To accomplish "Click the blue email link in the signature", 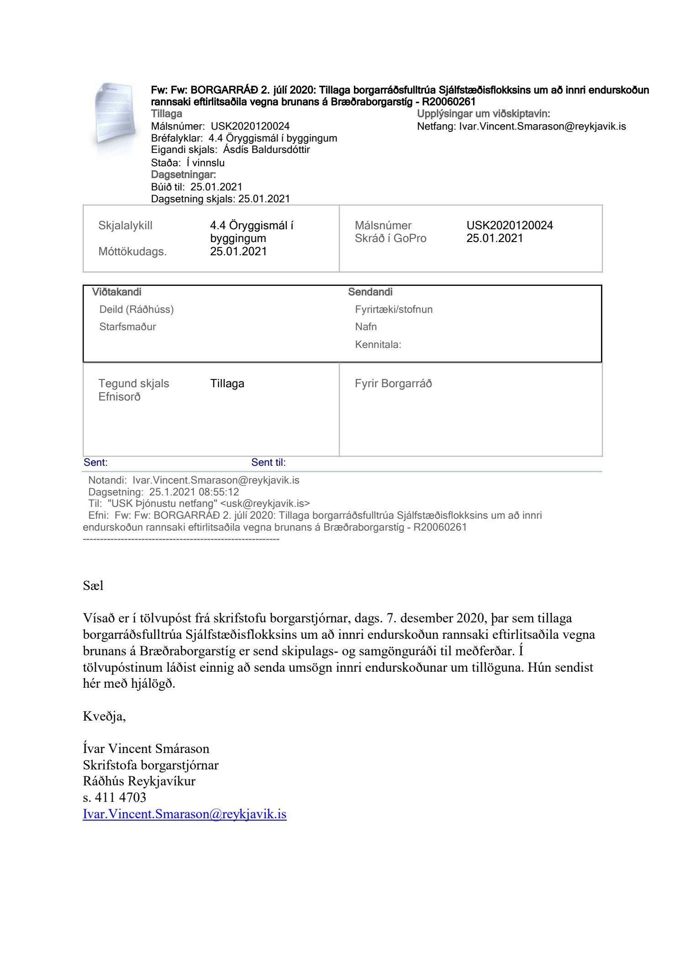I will (x=184, y=814).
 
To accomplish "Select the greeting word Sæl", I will (x=93, y=585).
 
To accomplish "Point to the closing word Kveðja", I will (x=104, y=716).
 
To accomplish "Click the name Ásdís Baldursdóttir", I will (x=266, y=150).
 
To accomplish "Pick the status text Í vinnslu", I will (x=205, y=163).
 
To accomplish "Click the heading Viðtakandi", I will (x=117, y=292).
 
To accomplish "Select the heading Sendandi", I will (x=370, y=292).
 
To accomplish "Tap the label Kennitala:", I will (x=378, y=345).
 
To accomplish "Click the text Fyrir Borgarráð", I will (x=393, y=384).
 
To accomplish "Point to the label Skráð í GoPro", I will (x=390, y=238).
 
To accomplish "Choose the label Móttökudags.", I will (x=132, y=252).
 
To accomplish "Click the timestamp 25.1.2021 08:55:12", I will (x=194, y=492).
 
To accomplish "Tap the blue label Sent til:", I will (x=269, y=463).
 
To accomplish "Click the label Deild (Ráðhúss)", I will (x=137, y=310).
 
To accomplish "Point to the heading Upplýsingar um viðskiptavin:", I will (x=484, y=114).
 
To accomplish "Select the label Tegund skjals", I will (x=134, y=384).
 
